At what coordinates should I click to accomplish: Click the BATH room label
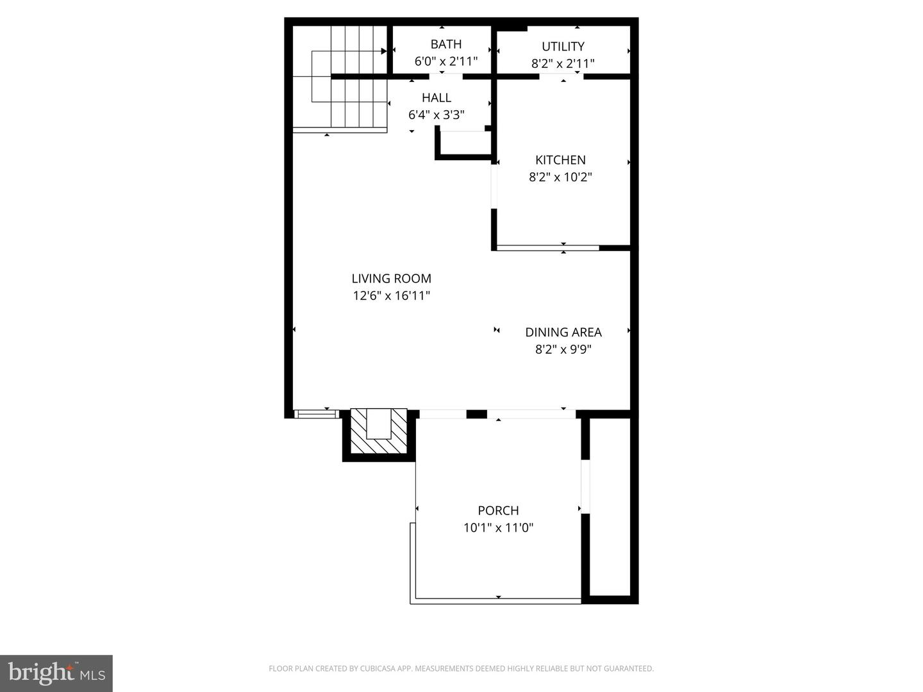click(x=445, y=44)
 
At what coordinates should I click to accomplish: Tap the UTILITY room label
click(x=563, y=46)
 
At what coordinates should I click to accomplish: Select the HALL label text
click(x=436, y=98)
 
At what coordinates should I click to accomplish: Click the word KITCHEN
click(x=560, y=160)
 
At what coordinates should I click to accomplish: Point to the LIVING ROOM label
click(x=391, y=279)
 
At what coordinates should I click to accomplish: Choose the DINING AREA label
click(x=563, y=332)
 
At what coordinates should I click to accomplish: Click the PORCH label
click(x=498, y=511)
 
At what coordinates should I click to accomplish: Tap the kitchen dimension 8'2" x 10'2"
click(x=560, y=177)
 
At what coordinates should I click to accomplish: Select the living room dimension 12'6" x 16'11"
click(x=391, y=296)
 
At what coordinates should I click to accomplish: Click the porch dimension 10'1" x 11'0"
click(x=498, y=528)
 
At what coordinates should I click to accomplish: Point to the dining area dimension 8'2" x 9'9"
click(x=563, y=349)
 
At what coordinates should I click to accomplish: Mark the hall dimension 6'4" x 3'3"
click(x=436, y=115)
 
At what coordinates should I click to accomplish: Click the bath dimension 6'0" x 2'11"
click(x=445, y=62)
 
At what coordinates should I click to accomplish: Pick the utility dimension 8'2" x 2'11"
click(x=563, y=64)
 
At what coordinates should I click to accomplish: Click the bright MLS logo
click(x=56, y=673)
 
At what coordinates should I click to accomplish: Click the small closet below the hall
click(x=463, y=144)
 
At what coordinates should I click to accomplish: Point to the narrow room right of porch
click(x=610, y=506)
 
